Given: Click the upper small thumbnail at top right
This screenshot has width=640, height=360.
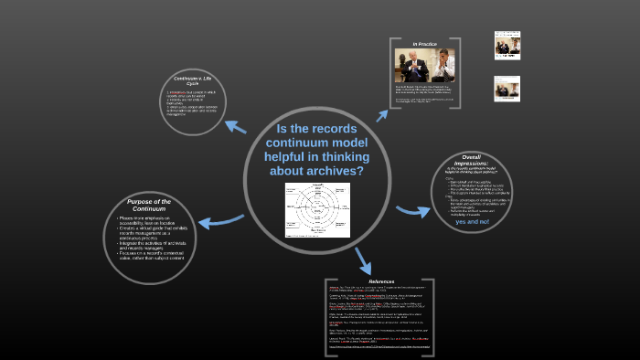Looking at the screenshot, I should (507, 44).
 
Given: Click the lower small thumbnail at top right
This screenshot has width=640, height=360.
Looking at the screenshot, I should (507, 88).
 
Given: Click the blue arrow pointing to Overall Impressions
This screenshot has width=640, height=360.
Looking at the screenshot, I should (413, 210).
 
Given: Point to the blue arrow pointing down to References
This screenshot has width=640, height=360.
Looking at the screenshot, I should (363, 258).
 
